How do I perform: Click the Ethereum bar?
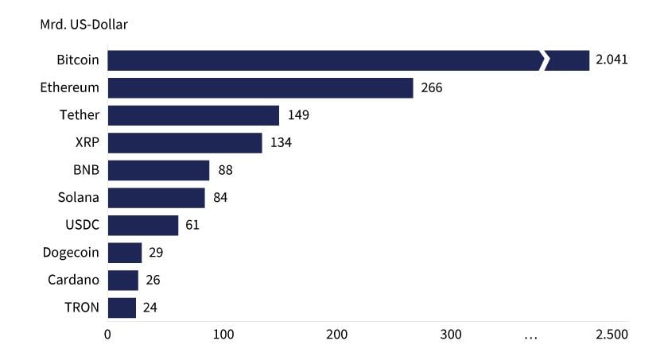260,88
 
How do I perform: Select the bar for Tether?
193,115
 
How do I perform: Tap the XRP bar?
184,143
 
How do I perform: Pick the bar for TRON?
122,308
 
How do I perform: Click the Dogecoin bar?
124,253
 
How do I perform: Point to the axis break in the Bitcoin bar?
544,60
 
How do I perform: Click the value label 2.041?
612,60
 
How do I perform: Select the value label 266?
431,88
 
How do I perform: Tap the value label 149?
297,115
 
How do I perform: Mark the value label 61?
192,225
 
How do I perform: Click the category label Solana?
79,198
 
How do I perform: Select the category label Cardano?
74,280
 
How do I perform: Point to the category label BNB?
86,170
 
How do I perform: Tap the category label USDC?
82,225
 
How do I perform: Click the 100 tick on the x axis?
223,335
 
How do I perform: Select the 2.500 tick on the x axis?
612,335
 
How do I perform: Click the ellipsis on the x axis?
530,337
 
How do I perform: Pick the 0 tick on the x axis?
108,335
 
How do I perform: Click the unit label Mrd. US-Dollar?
83,25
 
